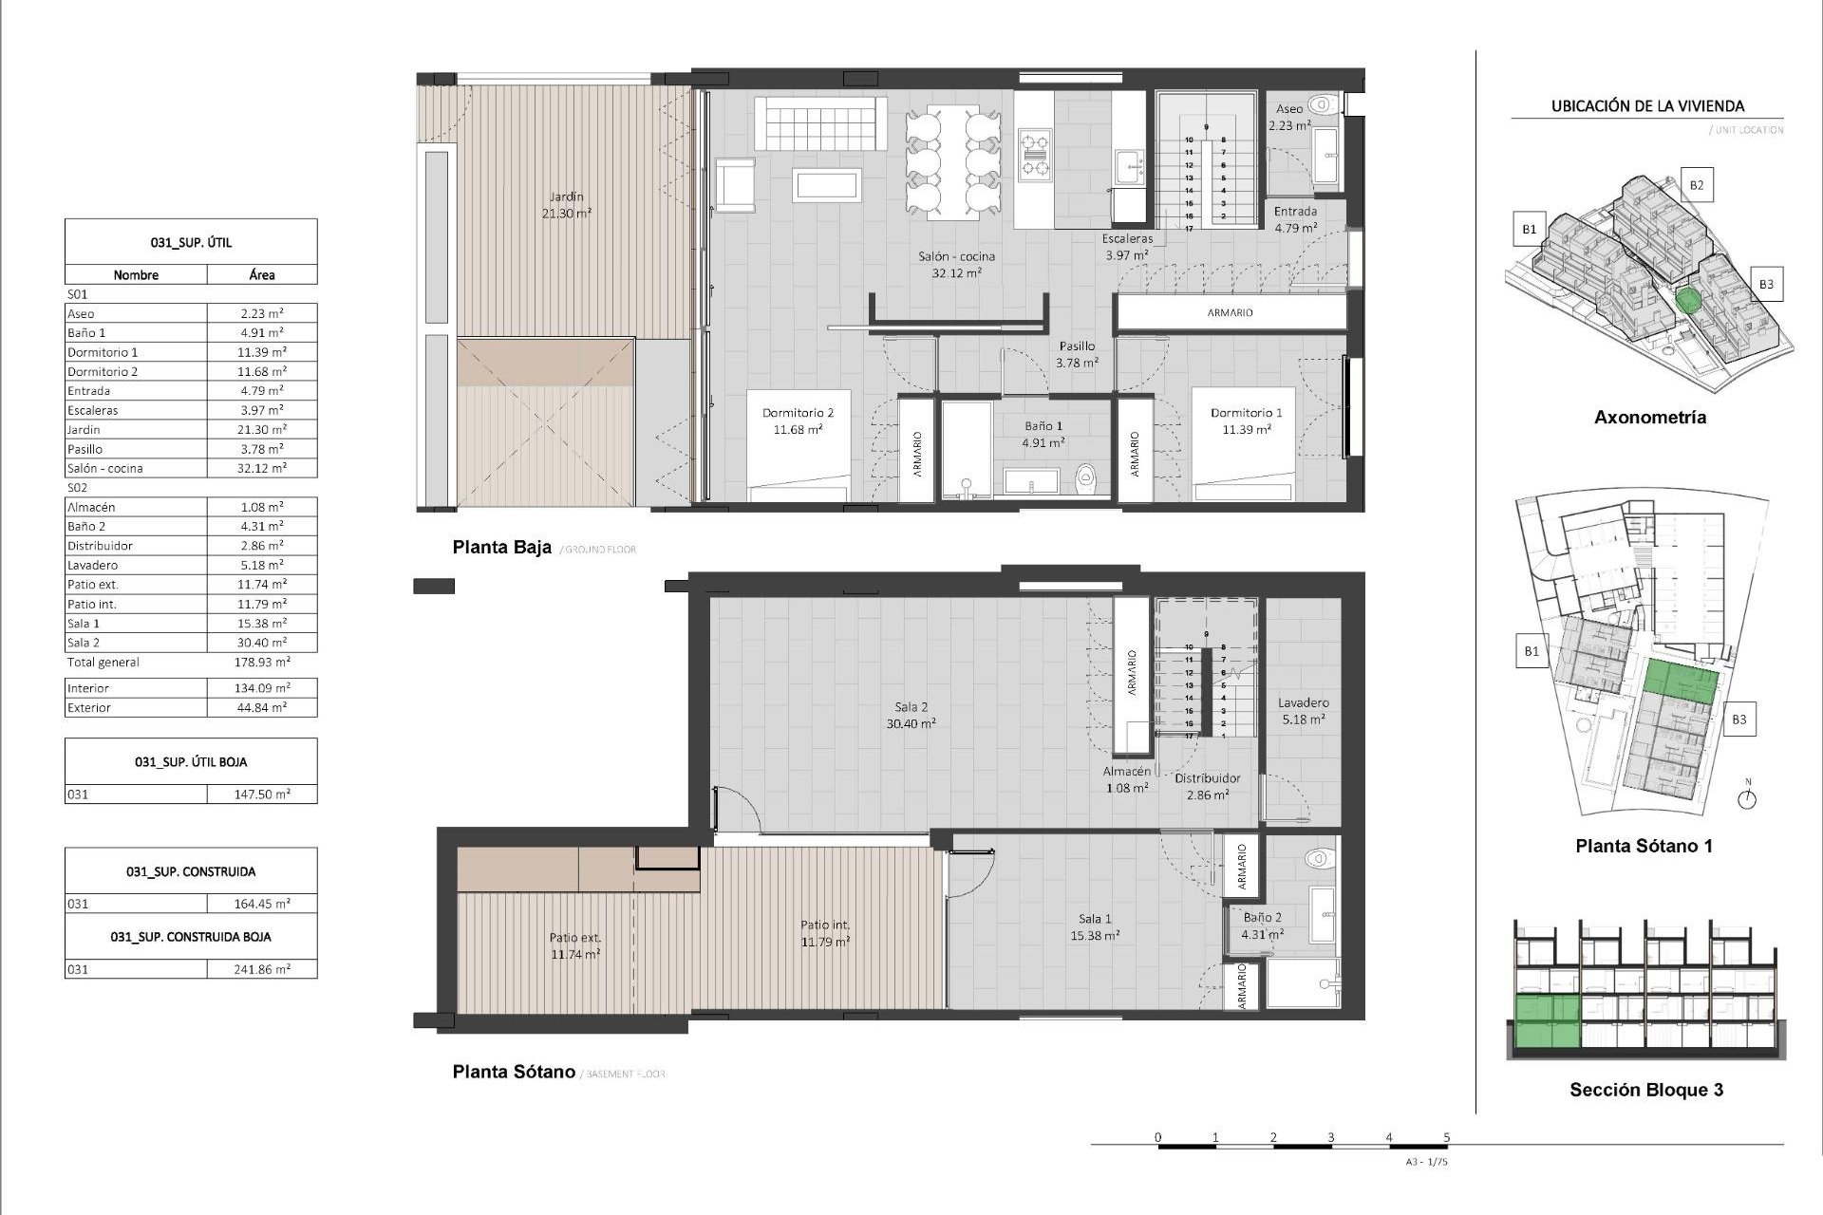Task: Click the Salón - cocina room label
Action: coord(956,256)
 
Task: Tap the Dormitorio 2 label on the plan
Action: coord(798,413)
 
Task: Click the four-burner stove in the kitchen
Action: coord(1034,156)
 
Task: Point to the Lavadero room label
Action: coord(1303,703)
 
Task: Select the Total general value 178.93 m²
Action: coord(262,663)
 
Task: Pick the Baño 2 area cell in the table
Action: coord(262,526)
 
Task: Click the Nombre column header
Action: coord(136,275)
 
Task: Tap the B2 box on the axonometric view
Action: coord(1696,185)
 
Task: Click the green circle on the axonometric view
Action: coord(1687,302)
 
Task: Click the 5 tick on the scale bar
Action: coord(1446,1137)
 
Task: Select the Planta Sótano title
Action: coord(514,1072)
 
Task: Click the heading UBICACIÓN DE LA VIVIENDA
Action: coord(1647,106)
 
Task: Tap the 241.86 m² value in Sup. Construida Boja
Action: coord(262,969)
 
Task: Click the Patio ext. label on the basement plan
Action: coord(574,938)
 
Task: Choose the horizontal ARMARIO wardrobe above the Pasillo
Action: coord(1230,312)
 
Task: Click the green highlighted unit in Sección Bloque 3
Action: coord(1547,1020)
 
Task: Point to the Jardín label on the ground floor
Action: coord(566,196)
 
